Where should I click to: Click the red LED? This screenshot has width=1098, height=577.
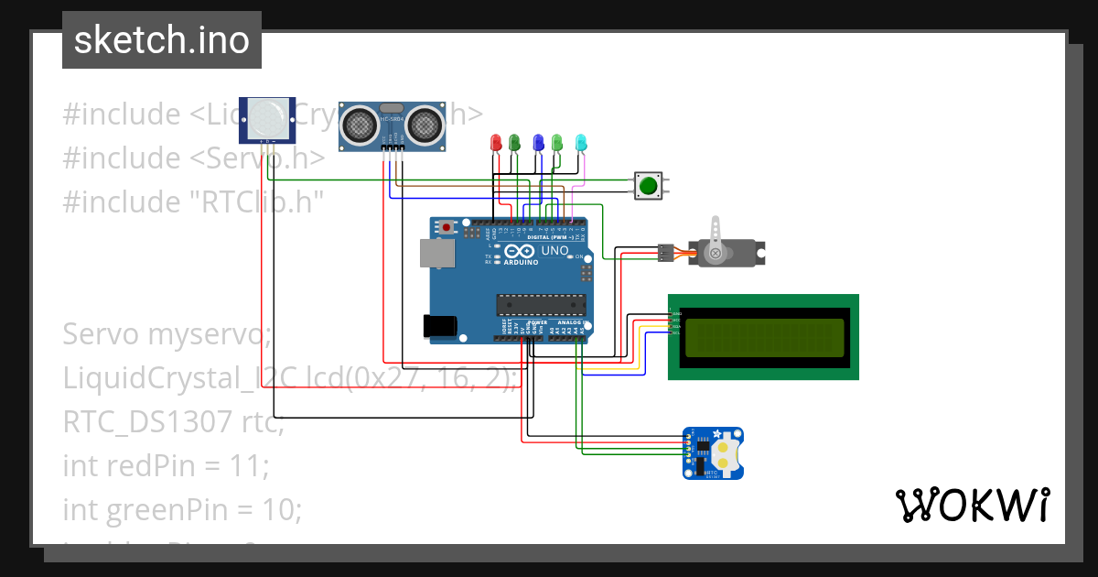pos(496,142)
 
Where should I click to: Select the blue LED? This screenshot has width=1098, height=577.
pos(538,142)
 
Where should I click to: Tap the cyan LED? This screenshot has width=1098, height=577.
pos(580,142)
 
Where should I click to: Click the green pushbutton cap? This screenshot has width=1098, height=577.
pos(648,186)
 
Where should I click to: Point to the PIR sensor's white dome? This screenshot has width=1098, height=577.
pos(267,117)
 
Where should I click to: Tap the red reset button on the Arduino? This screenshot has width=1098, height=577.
pos(447,227)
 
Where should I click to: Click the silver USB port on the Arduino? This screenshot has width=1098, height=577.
pos(435,253)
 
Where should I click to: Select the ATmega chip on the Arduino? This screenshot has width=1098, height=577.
pos(540,305)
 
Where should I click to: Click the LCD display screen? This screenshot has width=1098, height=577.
pos(763,336)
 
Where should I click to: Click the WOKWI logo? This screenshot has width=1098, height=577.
pos(972,505)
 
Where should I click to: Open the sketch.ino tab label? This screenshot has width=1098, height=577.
pos(162,40)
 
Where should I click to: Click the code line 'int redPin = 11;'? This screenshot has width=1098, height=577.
pos(166,466)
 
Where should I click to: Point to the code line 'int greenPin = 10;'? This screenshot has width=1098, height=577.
pos(182,509)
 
